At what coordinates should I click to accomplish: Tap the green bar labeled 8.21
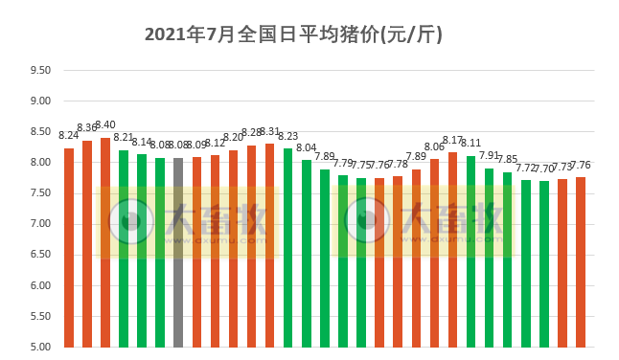pos(124,248)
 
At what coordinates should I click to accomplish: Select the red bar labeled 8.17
pos(452,249)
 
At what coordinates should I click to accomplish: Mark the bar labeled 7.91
pos(489,258)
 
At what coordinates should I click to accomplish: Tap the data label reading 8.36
pos(87,128)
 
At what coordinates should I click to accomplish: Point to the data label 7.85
pos(507,159)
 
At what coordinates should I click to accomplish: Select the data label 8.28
pos(251,132)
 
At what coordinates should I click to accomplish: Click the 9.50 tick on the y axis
pos(40,70)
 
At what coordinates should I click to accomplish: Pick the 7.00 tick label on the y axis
pos(40,224)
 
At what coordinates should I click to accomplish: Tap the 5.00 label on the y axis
pos(40,347)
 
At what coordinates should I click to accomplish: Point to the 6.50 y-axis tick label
pos(40,255)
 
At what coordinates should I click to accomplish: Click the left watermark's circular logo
pos(128,221)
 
